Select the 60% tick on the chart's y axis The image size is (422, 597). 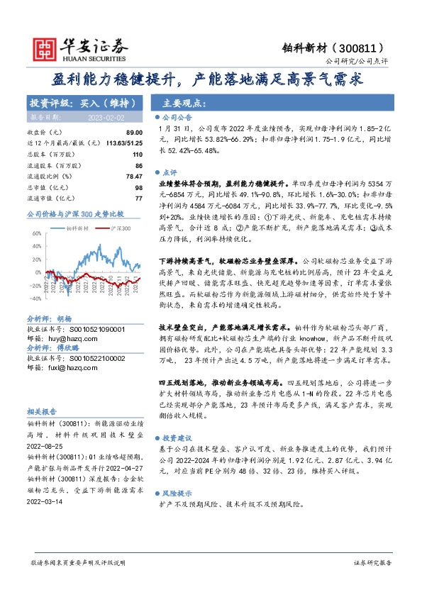[x=35, y=233]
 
